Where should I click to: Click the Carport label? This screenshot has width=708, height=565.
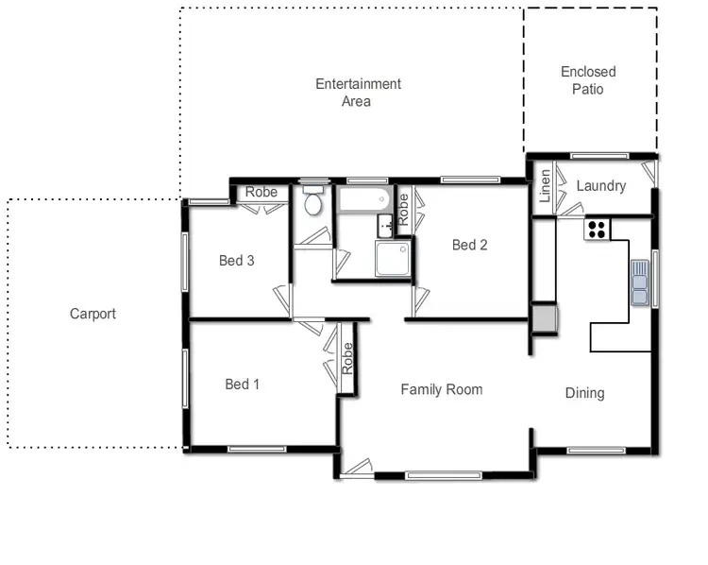coord(93,314)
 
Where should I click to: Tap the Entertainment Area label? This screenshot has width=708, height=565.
coord(358,93)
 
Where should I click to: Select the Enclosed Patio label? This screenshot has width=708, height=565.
coord(587,80)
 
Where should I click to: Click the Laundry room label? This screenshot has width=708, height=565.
coord(600,186)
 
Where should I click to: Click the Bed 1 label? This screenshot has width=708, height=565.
coord(242,385)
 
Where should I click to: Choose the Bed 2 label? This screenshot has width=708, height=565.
coord(469,245)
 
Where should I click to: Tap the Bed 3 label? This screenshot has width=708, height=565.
coord(236,261)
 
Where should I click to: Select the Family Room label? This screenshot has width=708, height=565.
coord(441,389)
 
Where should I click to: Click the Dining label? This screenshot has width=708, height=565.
coord(584,393)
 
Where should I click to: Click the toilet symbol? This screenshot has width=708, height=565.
coord(313,200)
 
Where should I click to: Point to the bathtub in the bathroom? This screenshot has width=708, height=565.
coord(363,199)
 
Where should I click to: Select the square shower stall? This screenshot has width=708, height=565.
coord(393,258)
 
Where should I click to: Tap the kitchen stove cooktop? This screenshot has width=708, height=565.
coord(597,228)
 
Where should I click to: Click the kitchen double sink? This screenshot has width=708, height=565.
coord(640,282)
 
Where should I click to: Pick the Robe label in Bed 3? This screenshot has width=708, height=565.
coord(261,193)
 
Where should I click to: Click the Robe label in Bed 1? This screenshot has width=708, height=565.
coord(347,356)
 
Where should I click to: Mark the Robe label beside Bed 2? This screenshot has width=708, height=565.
coord(403,208)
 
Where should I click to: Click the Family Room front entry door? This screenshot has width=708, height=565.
coord(357,466)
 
